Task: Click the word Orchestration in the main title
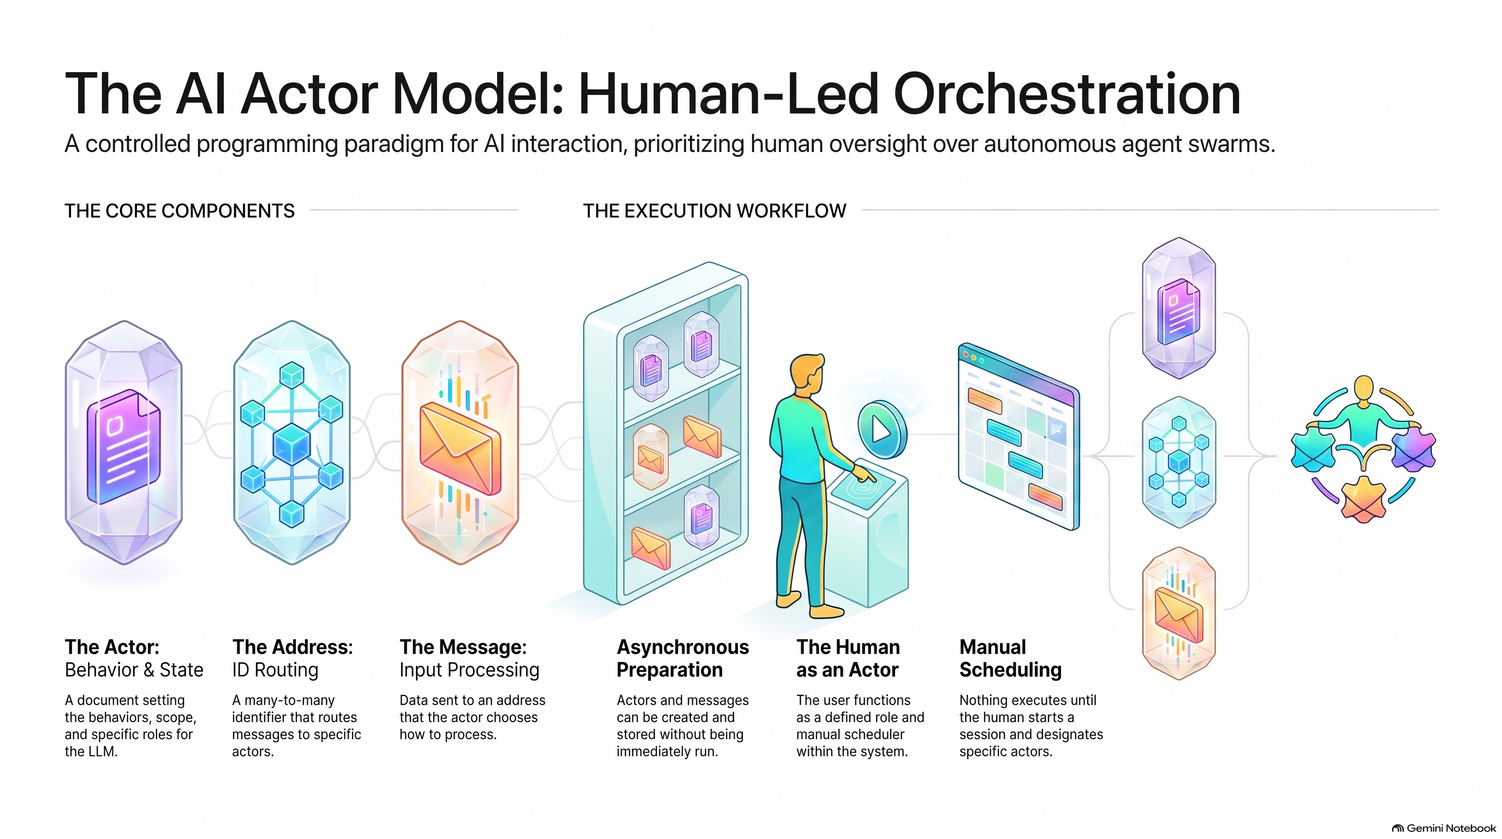1066,93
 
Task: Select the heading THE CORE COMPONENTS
180,211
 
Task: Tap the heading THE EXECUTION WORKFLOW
714,211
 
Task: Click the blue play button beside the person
882,429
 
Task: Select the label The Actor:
112,647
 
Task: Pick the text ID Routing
275,670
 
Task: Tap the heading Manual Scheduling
1010,658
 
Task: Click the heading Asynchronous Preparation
683,658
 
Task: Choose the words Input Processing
469,670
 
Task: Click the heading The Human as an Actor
848,658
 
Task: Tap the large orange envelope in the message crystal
460,447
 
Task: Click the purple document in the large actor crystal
123,446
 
